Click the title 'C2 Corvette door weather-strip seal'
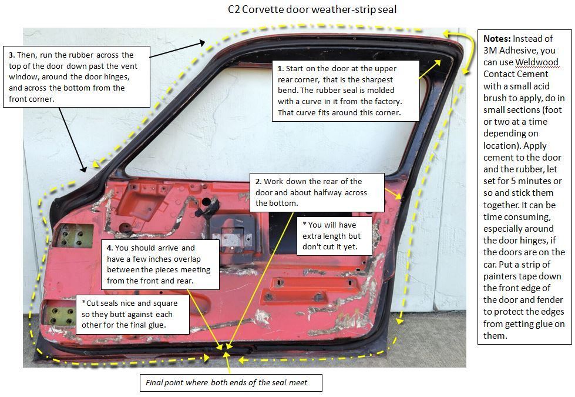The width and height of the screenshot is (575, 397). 315,9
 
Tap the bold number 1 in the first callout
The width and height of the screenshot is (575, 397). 280,69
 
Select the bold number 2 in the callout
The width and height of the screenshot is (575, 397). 258,182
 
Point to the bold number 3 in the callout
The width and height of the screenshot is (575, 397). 11,55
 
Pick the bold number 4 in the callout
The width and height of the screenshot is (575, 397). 109,248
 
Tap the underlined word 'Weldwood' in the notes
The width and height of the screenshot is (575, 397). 537,62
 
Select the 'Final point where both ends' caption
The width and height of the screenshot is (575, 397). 233,383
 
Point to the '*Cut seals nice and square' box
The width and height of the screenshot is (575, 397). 135,312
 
